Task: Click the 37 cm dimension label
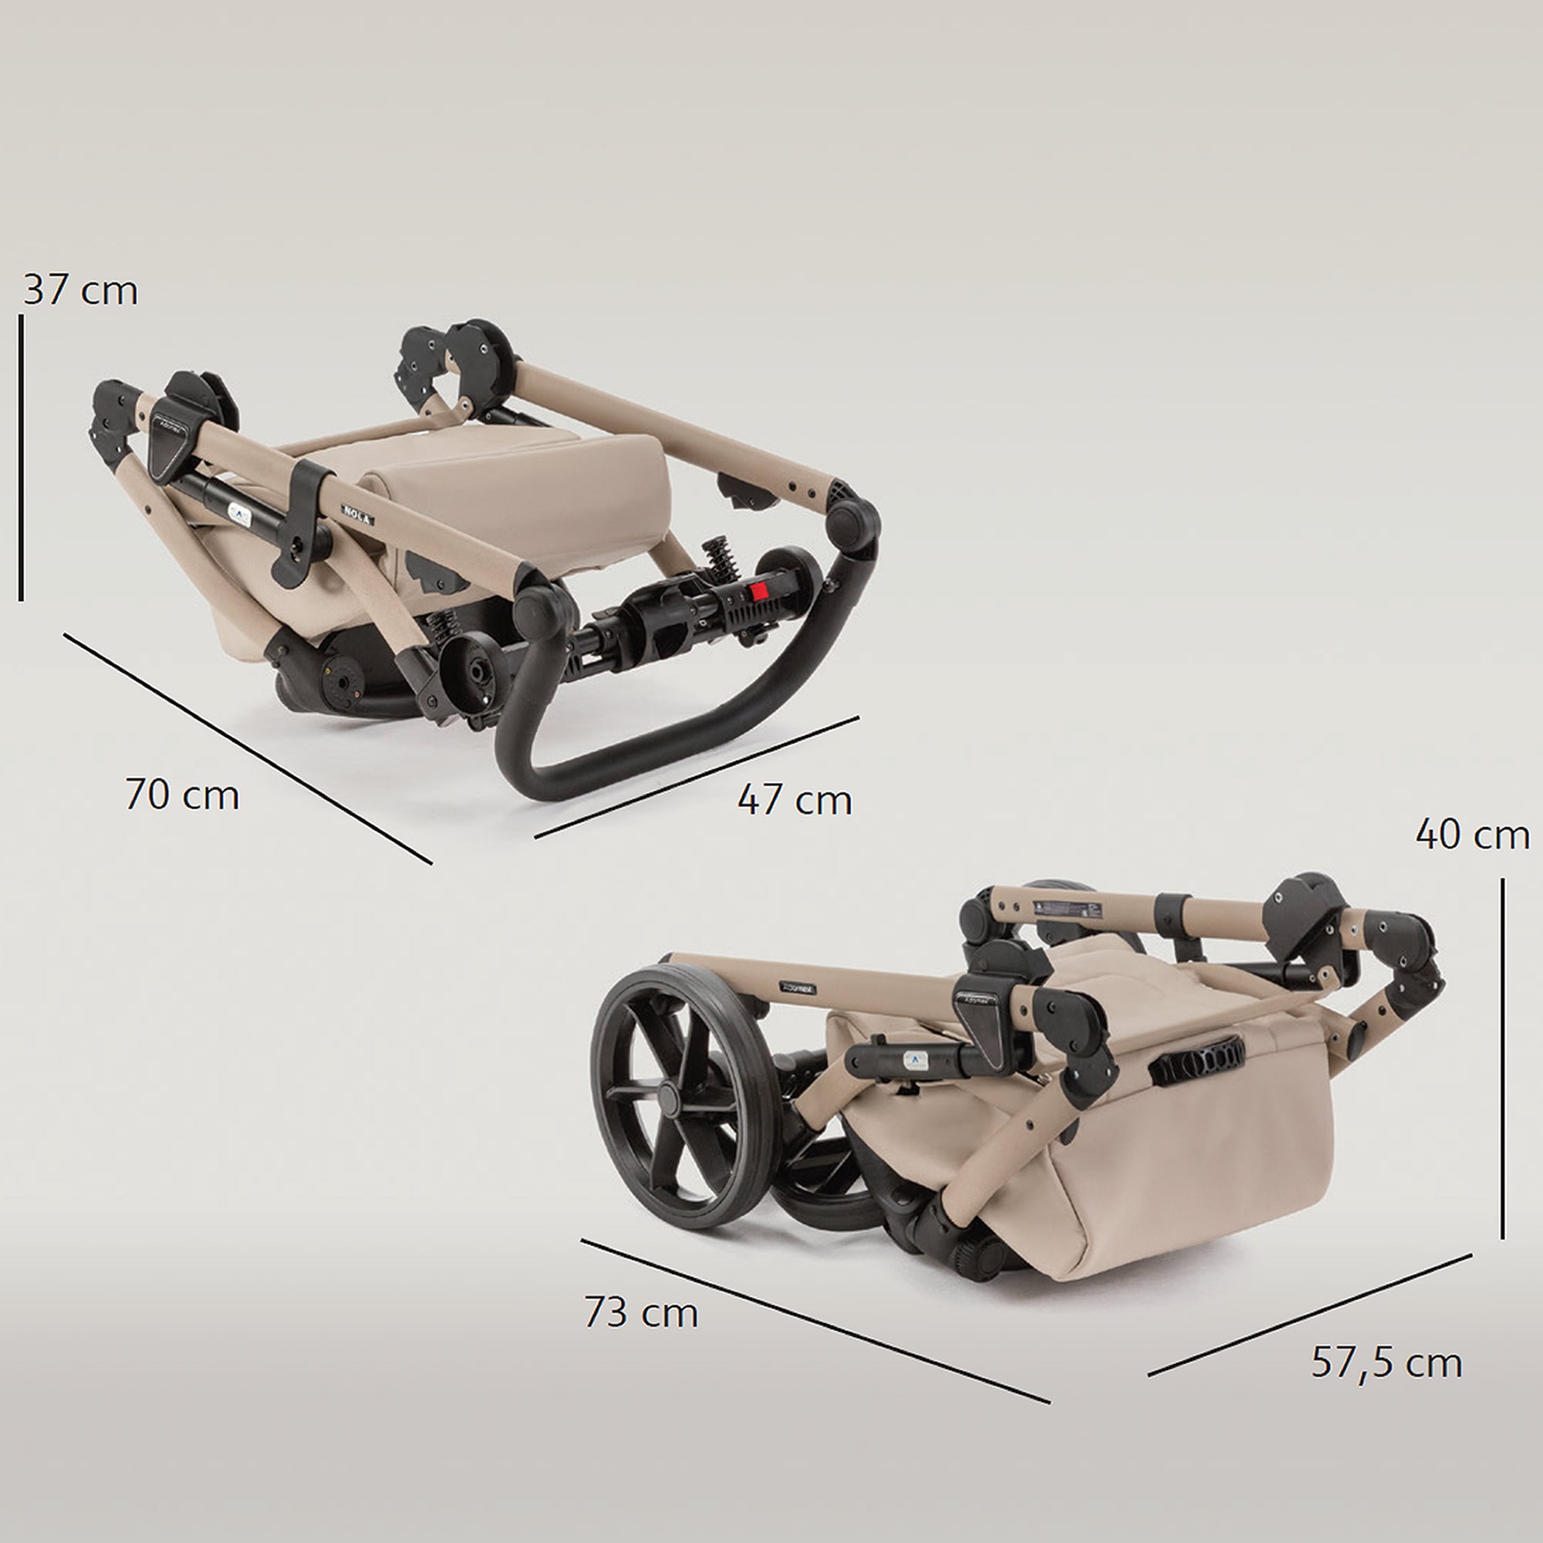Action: click(x=81, y=290)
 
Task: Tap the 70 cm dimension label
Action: click(x=182, y=795)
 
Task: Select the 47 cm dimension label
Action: click(x=794, y=800)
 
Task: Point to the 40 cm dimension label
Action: click(x=1472, y=836)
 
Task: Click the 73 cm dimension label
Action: click(x=640, y=1312)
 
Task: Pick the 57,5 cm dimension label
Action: click(x=1386, y=1362)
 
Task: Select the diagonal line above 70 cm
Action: click(x=248, y=748)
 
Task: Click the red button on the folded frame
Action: click(x=758, y=591)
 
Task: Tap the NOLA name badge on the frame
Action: click(x=357, y=515)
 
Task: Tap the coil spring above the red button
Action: click(x=720, y=559)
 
